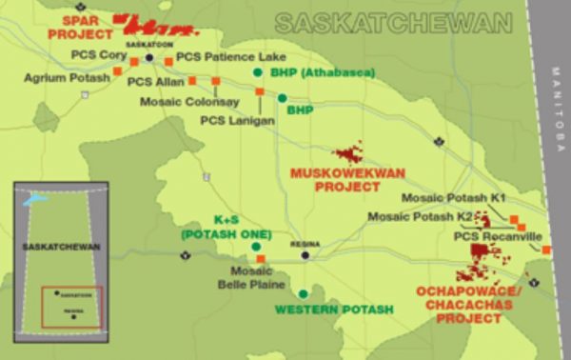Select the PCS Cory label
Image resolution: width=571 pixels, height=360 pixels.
pyautogui.click(x=99, y=57)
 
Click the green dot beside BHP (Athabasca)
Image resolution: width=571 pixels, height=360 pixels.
pyautogui.click(x=256, y=72)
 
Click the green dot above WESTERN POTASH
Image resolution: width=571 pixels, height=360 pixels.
pyautogui.click(x=303, y=293)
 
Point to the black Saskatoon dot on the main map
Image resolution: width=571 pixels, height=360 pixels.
pyautogui.click(x=149, y=57)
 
